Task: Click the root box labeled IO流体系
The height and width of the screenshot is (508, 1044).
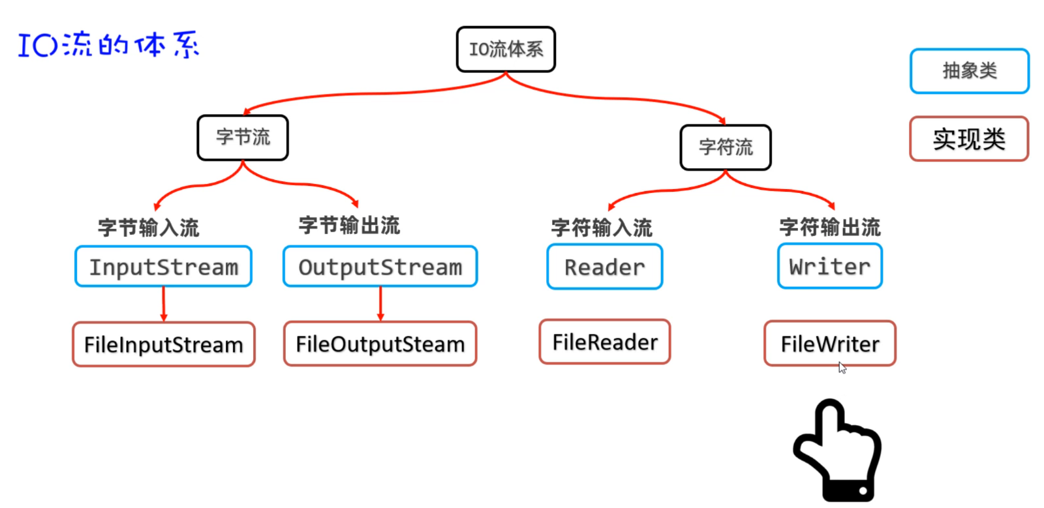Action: click(506, 50)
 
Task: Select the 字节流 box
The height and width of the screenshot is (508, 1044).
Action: click(243, 138)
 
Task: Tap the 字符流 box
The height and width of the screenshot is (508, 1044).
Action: click(726, 147)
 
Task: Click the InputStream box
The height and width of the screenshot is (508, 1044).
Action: click(163, 267)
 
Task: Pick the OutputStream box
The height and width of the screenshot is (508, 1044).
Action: click(380, 267)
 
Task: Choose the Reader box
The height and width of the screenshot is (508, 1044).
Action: click(604, 267)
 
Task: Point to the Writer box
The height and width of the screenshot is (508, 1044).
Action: click(829, 266)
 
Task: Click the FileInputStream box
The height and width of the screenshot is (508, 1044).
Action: click(163, 344)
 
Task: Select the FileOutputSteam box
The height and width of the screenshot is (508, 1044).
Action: click(380, 344)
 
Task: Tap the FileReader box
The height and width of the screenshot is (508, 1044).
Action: click(604, 342)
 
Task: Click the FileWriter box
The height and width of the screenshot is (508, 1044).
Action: click(829, 344)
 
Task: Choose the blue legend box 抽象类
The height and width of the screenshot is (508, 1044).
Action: click(969, 70)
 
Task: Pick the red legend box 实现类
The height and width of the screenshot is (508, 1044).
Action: click(969, 139)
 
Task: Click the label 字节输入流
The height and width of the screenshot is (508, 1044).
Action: click(148, 228)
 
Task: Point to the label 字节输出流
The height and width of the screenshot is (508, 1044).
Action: click(349, 226)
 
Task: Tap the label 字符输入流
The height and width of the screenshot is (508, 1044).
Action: click(601, 228)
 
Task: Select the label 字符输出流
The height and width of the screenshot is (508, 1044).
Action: click(829, 227)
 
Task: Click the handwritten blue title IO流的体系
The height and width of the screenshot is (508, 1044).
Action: click(108, 45)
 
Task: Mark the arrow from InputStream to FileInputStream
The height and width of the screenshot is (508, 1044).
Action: click(164, 304)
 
